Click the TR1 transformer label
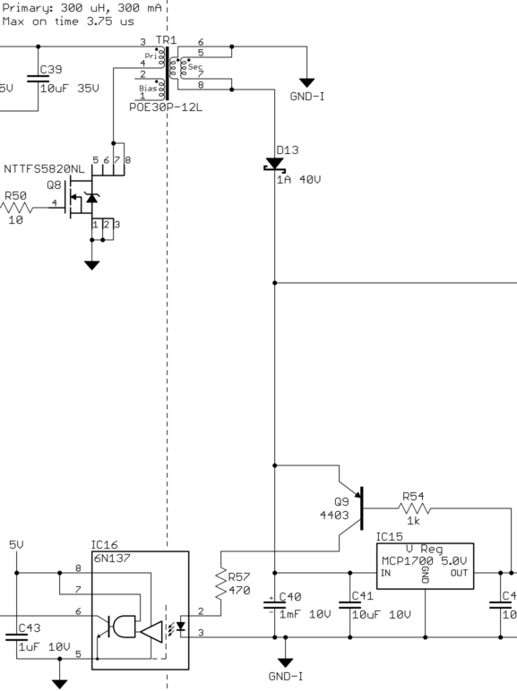coord(166,41)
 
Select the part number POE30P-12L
coord(168,106)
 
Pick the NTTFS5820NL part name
coord(44,167)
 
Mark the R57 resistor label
coord(239,577)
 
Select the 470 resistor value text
coord(238,591)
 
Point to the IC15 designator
coord(390,537)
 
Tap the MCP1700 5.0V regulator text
coord(424,560)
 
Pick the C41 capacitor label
coord(361,595)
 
